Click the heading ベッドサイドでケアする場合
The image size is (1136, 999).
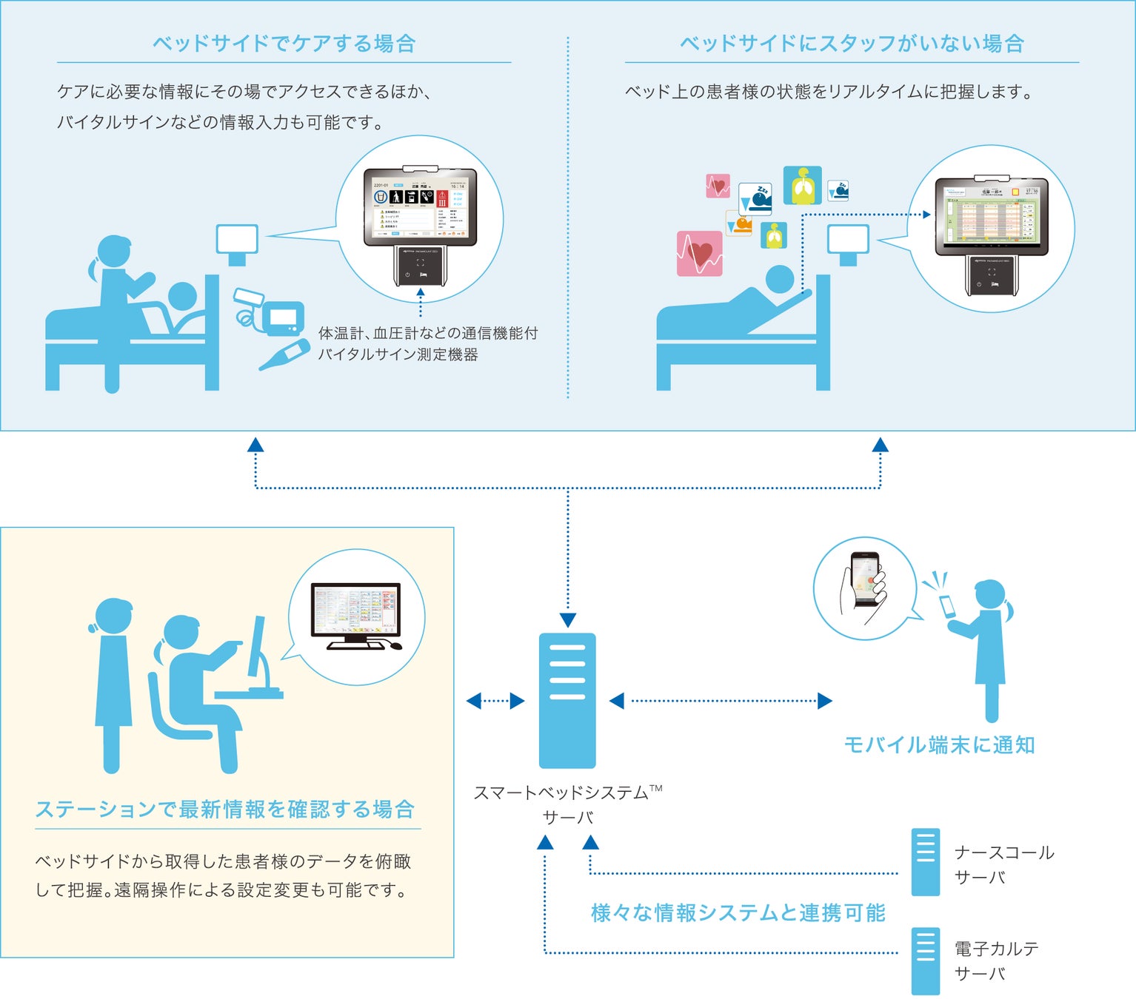[x=284, y=44]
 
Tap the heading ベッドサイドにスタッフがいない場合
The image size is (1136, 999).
[x=852, y=44]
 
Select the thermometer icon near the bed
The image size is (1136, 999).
[x=284, y=354]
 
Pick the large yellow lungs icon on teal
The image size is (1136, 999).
[x=802, y=186]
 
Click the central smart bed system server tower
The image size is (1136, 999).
[x=567, y=700]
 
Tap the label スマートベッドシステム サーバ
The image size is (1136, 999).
[x=567, y=804]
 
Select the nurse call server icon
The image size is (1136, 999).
[x=925, y=862]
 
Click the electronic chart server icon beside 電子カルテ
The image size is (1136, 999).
[x=925, y=961]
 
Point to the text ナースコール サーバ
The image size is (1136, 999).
[x=1003, y=864]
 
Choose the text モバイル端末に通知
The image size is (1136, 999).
[x=939, y=745]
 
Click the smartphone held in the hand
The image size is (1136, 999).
[x=863, y=579]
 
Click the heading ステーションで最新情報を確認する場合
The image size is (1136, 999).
[x=225, y=810]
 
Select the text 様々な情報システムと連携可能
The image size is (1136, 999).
[x=738, y=913]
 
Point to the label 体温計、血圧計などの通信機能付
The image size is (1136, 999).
[x=428, y=334]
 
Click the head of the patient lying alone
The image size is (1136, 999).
[x=779, y=280]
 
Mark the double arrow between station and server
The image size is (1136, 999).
[x=495, y=701]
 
